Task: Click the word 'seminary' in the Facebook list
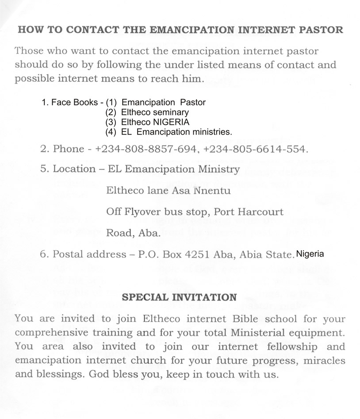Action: tap(171, 112)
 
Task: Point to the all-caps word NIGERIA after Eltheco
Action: tap(171, 122)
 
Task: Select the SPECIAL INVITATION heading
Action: tap(179, 297)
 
